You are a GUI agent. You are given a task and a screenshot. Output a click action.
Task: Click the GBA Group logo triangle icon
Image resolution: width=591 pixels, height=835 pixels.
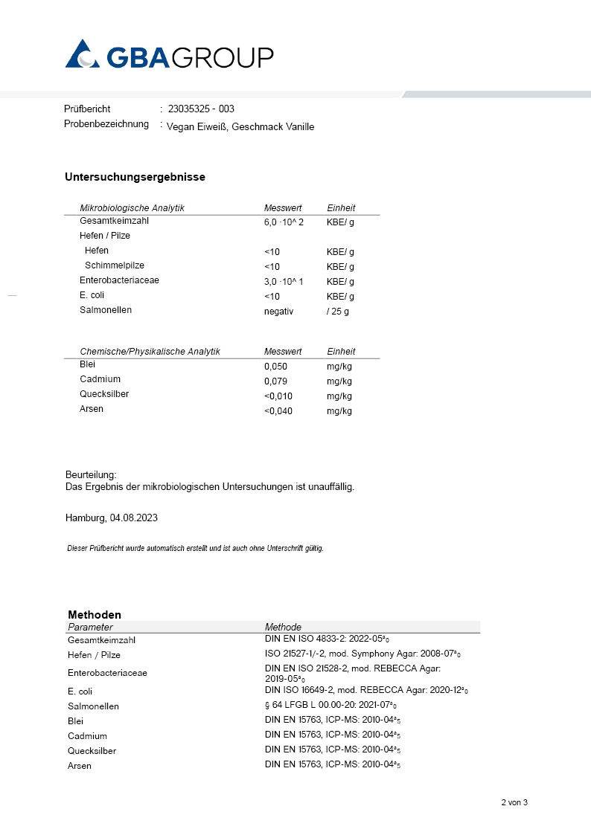(x=83, y=54)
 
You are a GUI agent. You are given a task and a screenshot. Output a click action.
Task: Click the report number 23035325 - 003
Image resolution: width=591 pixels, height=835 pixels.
(x=201, y=109)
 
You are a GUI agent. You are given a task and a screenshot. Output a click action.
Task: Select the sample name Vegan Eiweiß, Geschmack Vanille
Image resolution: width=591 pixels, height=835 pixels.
(x=240, y=127)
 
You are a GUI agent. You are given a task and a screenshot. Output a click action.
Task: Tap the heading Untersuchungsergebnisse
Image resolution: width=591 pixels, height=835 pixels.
(x=135, y=177)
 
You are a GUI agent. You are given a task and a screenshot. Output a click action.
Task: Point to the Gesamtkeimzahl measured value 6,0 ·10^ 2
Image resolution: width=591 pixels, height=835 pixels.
(x=284, y=222)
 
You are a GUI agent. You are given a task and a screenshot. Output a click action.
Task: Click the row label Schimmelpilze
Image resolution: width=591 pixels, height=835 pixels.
(x=115, y=265)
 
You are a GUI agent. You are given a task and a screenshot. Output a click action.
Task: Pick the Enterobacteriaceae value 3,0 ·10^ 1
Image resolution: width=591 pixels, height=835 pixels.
(x=284, y=282)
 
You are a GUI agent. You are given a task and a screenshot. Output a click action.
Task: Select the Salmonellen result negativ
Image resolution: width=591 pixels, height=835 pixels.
(x=278, y=312)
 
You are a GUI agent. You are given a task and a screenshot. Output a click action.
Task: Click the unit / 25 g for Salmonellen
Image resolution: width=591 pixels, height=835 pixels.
(x=337, y=312)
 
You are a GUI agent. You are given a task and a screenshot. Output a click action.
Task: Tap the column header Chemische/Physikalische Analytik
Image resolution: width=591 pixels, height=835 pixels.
(x=150, y=352)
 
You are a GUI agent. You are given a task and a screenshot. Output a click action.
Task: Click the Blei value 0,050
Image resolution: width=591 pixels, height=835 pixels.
(x=275, y=367)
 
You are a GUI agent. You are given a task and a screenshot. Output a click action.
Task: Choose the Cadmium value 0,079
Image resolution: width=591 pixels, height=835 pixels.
(x=275, y=381)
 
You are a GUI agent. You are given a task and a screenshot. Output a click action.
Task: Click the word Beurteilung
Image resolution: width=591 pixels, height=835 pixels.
(x=91, y=474)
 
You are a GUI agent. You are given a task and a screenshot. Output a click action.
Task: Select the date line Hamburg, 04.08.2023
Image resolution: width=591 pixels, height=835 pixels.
(x=111, y=518)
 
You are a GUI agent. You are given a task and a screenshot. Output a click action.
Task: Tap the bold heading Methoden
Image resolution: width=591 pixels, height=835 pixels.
(x=95, y=615)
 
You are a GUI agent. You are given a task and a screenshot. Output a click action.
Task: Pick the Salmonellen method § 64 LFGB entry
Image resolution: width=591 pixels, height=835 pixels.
(x=328, y=706)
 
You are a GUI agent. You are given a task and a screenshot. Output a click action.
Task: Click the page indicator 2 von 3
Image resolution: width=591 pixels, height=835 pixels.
(x=514, y=802)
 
